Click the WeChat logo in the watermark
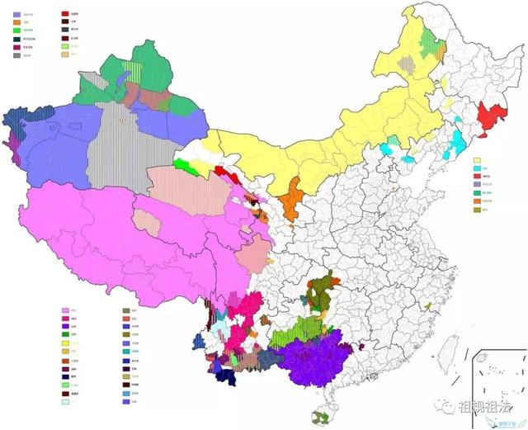445,406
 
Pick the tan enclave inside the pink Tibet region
148,220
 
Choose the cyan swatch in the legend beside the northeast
476,168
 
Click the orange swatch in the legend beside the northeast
476,200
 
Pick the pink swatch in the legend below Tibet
65,311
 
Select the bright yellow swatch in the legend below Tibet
65,343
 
